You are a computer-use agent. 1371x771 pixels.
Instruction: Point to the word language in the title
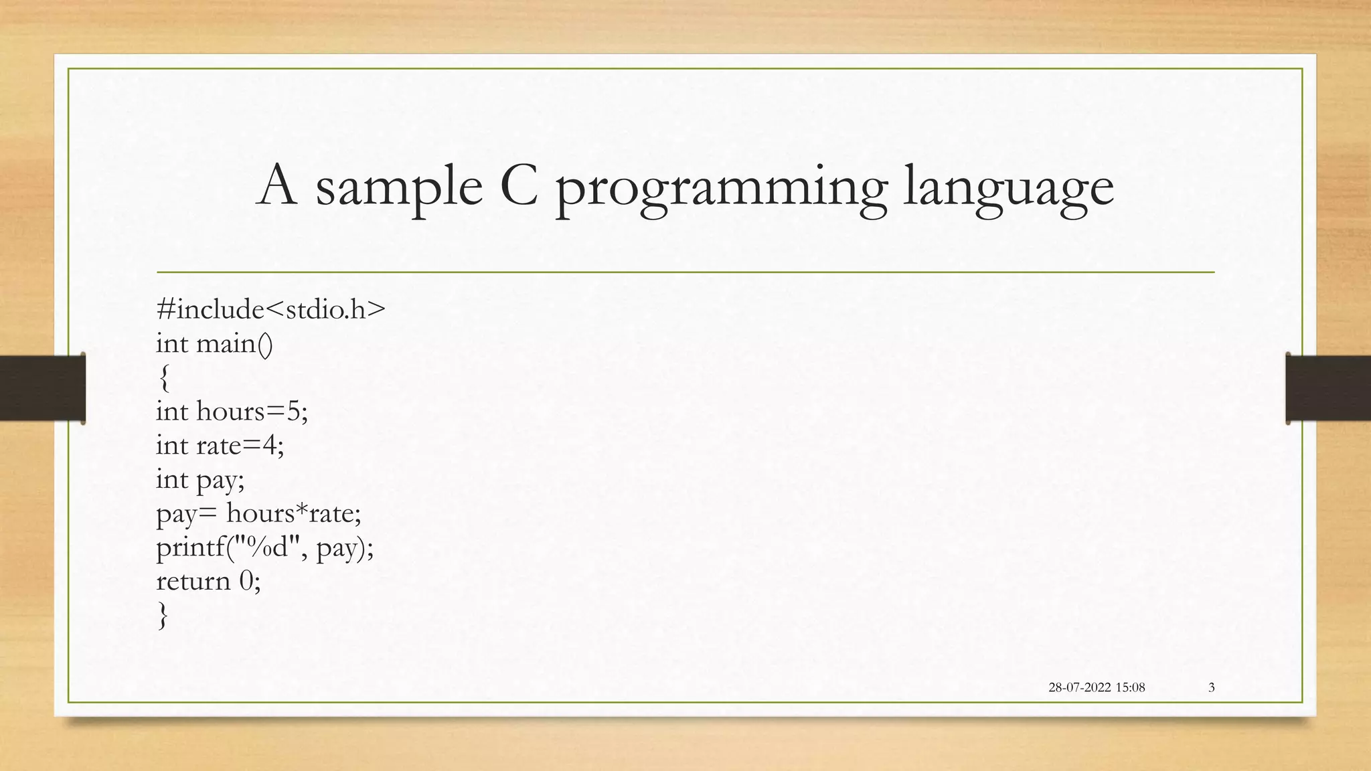1008,191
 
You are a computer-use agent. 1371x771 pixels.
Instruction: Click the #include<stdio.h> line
270,310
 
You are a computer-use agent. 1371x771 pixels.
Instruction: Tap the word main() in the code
235,344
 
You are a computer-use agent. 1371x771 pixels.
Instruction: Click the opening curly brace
164,378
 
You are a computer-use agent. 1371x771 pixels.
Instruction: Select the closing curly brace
163,615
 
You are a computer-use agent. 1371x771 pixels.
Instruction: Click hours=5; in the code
252,412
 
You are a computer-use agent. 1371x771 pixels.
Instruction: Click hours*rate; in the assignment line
294,514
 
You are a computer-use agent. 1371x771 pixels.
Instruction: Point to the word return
193,582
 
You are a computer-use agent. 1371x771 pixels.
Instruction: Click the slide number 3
1211,687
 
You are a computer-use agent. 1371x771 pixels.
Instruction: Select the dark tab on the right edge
1328,389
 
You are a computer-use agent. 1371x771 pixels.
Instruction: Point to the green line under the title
685,272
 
